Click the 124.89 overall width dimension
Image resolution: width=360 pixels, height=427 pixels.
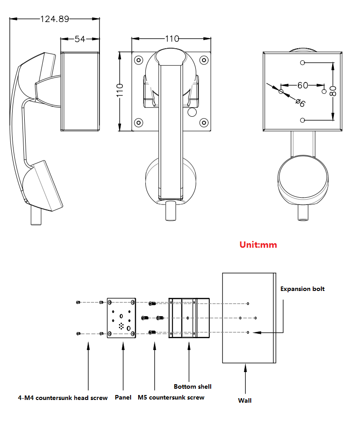coord(54,19)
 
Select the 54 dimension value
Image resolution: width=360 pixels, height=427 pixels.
coord(80,39)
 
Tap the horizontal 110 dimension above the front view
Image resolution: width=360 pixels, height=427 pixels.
coord(172,39)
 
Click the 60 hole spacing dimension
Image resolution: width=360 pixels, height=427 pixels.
coord(302,85)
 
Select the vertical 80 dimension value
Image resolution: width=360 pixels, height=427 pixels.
coord(333,91)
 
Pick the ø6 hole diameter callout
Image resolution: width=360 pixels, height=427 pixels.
coord(300,102)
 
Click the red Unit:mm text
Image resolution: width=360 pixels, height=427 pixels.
coord(258,245)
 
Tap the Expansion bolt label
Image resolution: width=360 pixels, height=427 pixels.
coord(302,289)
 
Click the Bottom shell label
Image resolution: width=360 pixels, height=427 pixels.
coord(193,386)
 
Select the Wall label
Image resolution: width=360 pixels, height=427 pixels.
coord(245,400)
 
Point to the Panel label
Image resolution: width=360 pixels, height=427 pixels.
coord(123,397)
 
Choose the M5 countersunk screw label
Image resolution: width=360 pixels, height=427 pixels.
coord(171,397)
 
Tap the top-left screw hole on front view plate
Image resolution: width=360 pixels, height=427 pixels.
coord(139,59)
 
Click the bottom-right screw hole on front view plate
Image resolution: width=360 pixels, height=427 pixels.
coord(204,122)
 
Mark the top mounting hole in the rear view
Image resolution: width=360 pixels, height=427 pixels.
coord(302,63)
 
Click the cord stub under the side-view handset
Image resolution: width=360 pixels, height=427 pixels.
coord(36,215)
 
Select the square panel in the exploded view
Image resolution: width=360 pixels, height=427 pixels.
coord(121,318)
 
